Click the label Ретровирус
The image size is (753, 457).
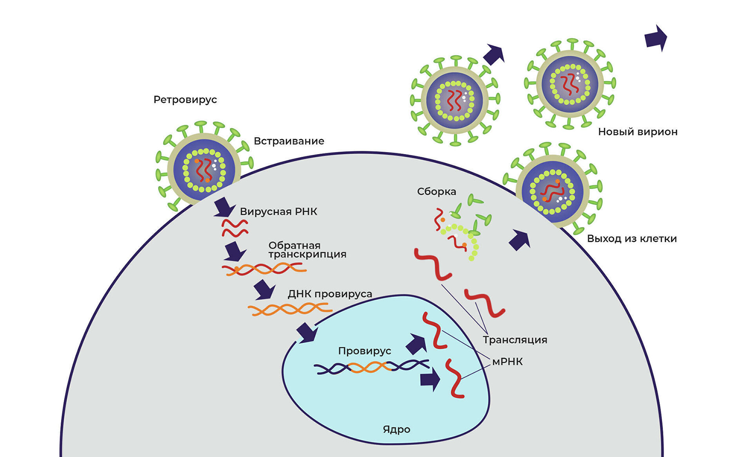(x=185, y=100)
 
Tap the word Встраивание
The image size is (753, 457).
(x=289, y=141)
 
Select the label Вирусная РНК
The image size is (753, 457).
(x=278, y=212)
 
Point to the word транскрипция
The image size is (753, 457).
(x=307, y=255)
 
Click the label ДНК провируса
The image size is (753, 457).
(x=330, y=294)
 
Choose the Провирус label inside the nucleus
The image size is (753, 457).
(x=364, y=351)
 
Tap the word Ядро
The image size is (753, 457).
(x=397, y=429)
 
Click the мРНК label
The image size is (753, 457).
(x=507, y=362)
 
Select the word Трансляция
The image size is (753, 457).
(x=515, y=340)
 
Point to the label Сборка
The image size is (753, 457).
(x=437, y=192)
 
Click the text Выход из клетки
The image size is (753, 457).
(x=632, y=239)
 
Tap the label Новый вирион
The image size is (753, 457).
(x=638, y=132)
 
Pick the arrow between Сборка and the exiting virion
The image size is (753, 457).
(x=520, y=240)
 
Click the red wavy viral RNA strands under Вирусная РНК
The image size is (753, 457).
(x=235, y=228)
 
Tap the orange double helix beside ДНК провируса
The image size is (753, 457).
(x=289, y=310)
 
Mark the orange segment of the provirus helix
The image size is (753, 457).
(x=369, y=367)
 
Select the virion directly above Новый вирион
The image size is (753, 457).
(x=570, y=84)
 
